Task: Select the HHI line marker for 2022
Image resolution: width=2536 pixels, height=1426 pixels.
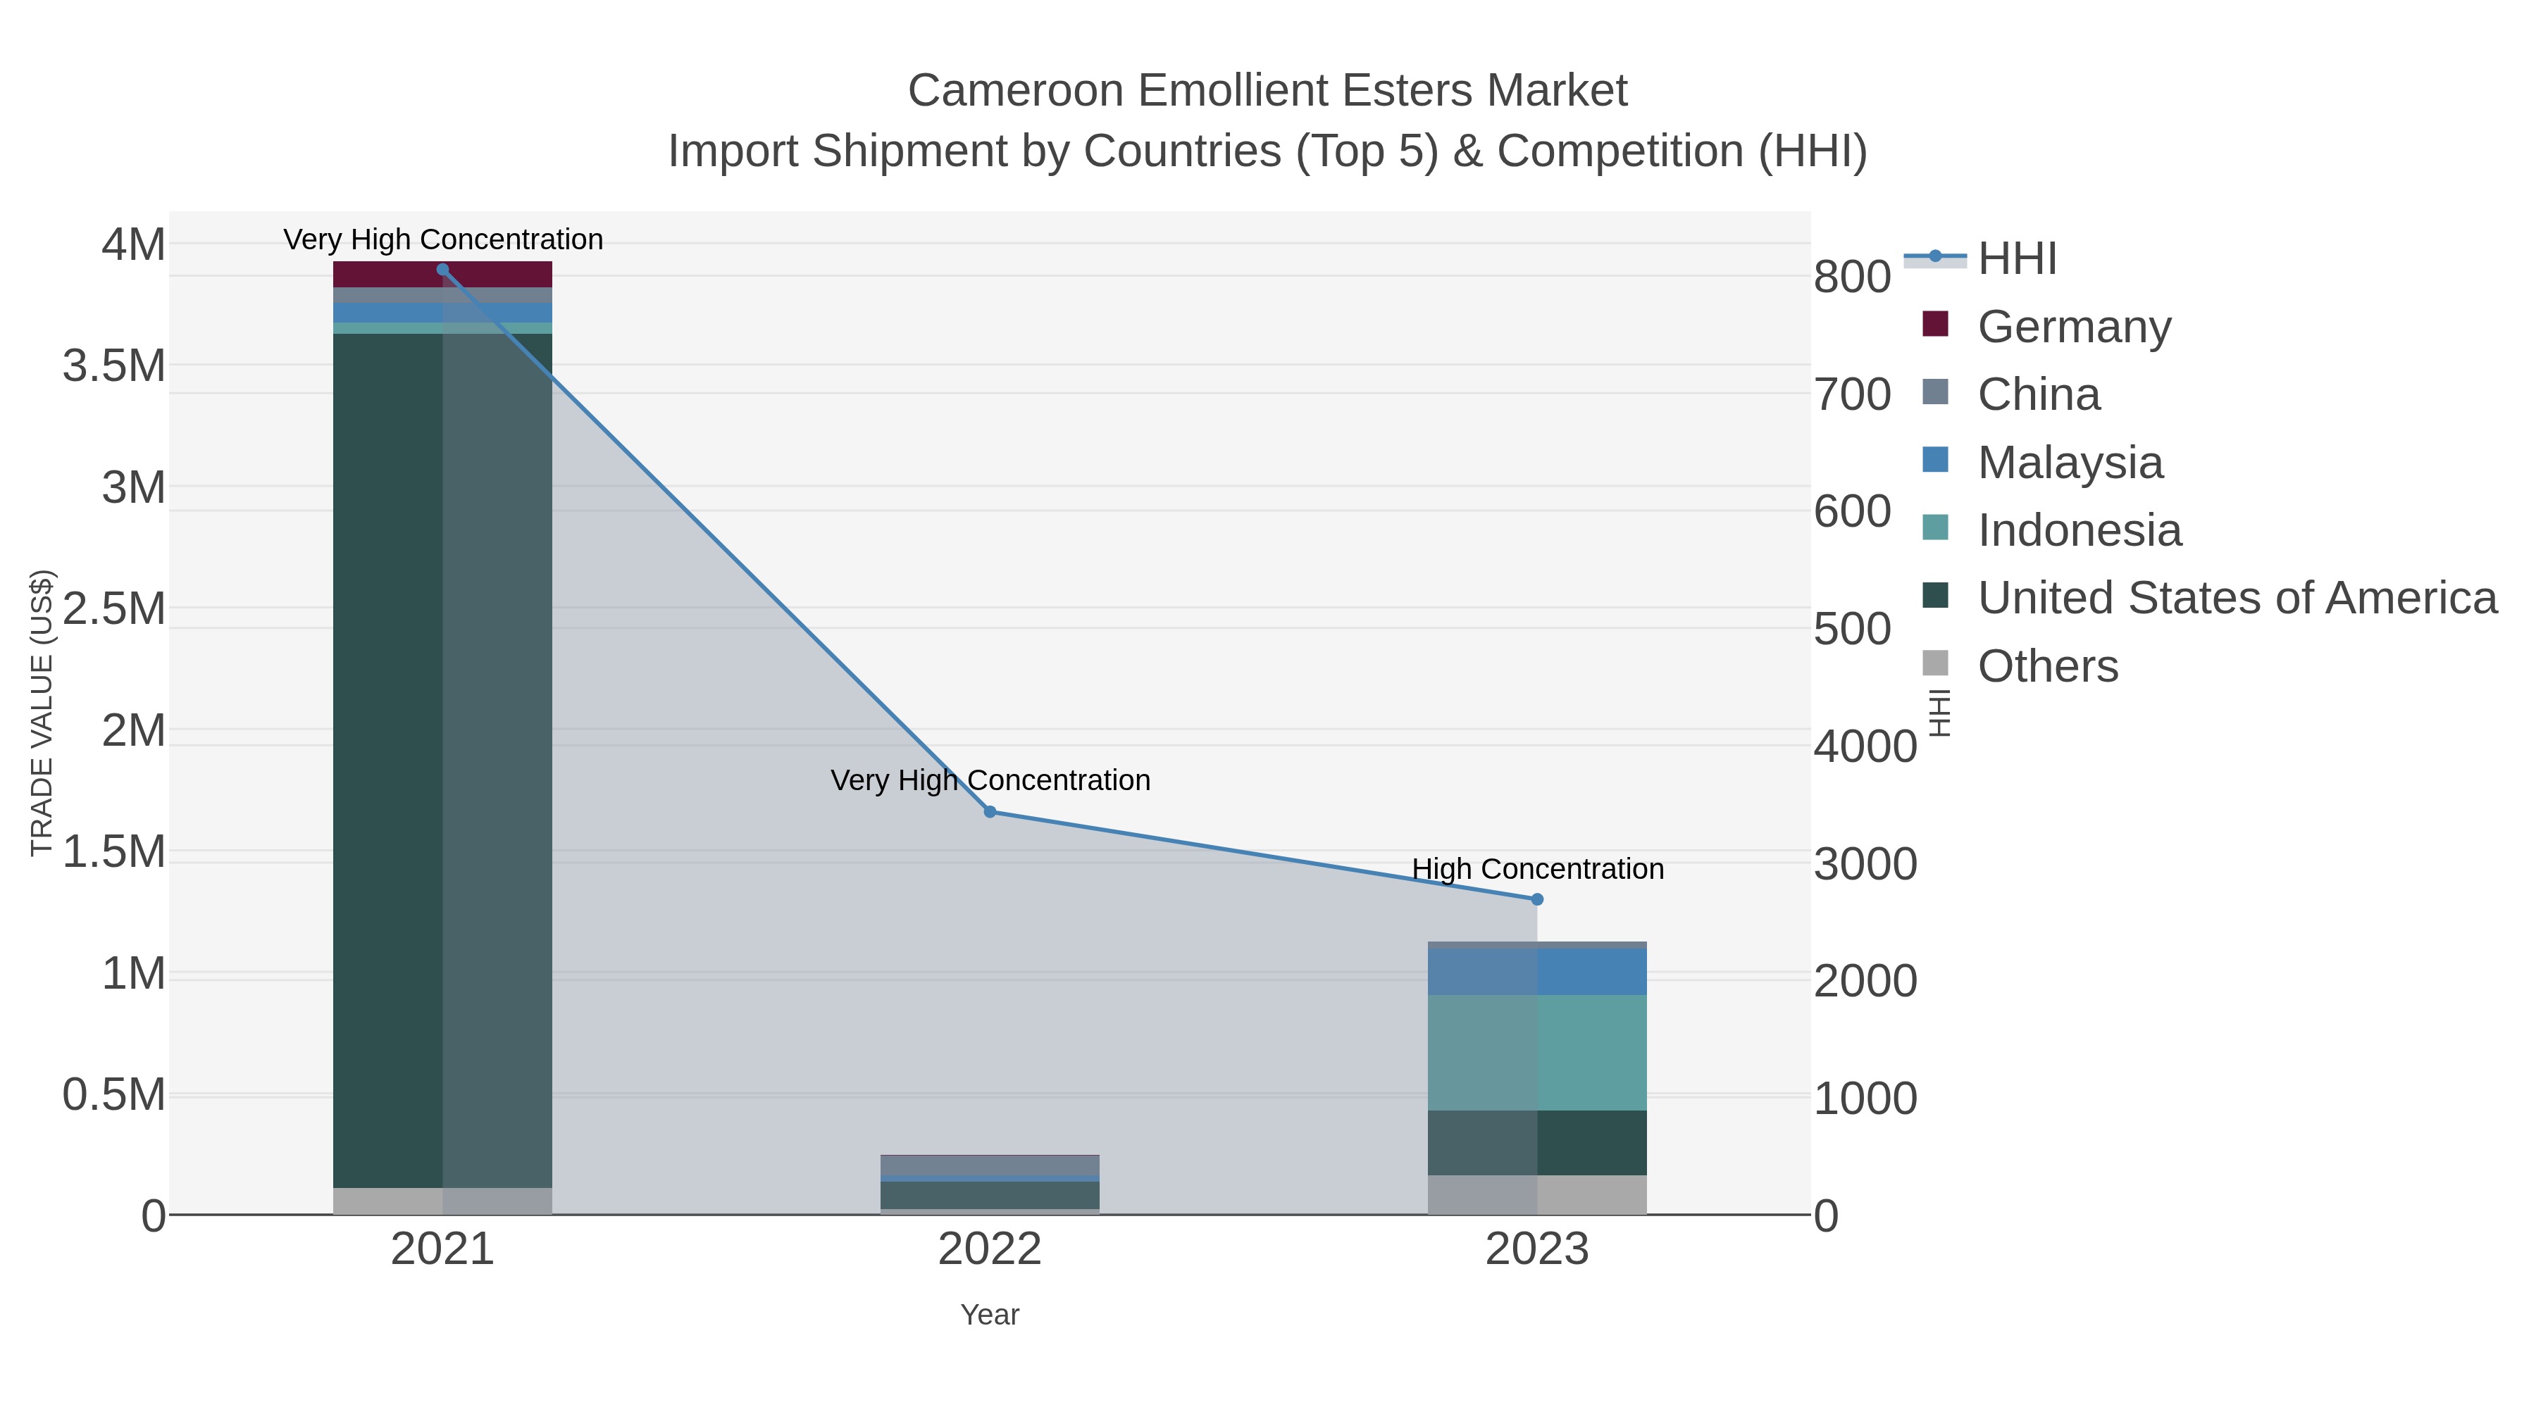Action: (990, 812)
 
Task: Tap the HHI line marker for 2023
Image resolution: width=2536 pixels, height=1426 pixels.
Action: (1537, 899)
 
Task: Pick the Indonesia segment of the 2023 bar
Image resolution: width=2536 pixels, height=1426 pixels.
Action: (1537, 1052)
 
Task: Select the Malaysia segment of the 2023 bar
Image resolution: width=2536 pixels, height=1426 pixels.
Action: (1537, 971)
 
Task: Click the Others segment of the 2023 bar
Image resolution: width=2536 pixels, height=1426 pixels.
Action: (1537, 1195)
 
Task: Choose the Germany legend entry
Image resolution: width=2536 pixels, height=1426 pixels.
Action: (2073, 327)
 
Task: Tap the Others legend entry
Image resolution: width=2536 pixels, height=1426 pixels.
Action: (2048, 666)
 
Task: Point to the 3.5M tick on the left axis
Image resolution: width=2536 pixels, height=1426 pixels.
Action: (114, 366)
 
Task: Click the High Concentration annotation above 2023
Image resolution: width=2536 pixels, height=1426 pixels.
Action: (1537, 869)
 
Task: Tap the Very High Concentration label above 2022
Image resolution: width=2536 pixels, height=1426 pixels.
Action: (990, 780)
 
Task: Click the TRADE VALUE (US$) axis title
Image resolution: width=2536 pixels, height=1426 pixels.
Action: (42, 713)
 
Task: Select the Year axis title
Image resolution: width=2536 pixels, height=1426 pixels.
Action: (990, 1315)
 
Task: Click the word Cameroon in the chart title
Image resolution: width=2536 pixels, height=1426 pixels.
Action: (1015, 91)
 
